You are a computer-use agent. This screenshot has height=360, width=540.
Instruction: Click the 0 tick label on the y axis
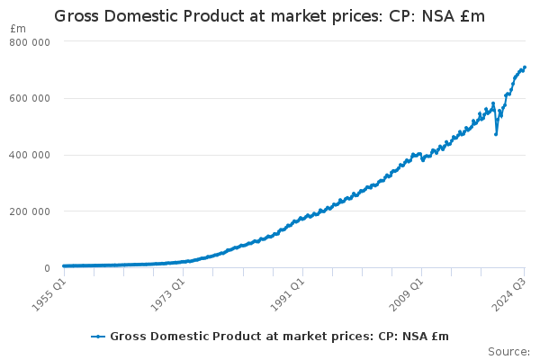point(46,268)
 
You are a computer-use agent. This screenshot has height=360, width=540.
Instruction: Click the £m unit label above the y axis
point(17,29)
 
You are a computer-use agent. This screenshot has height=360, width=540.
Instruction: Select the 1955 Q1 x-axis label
point(47,292)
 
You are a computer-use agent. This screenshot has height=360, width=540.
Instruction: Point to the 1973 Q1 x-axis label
point(167,292)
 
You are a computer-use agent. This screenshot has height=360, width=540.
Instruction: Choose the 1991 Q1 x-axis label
point(288,292)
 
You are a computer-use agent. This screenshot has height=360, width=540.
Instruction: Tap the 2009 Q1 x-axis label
point(409,292)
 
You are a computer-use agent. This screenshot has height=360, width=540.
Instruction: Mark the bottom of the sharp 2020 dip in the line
point(496,134)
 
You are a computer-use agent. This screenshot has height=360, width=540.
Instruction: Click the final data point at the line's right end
point(525,67)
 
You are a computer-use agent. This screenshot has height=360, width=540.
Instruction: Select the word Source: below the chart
point(508,352)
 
